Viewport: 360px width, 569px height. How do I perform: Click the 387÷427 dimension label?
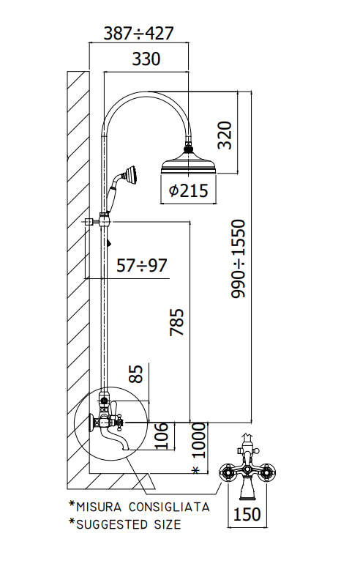138,34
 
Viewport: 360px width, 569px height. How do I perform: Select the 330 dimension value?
146,59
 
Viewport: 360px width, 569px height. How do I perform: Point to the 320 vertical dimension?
225,135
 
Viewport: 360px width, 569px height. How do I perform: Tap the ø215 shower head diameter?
189,190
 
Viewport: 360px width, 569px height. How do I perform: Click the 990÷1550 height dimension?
239,259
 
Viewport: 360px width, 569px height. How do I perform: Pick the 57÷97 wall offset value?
142,265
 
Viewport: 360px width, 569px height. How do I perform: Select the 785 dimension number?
177,322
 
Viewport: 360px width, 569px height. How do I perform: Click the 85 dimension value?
136,373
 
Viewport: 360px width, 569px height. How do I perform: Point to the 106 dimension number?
162,436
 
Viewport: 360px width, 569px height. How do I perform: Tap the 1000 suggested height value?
198,441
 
